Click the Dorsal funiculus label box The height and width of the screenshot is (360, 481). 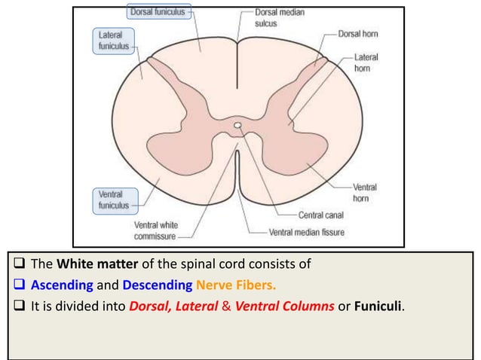159,13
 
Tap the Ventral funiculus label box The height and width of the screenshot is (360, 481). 114,199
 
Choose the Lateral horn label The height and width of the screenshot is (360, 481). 366,63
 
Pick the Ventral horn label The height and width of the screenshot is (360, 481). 366,192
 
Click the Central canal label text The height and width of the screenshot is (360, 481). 323,215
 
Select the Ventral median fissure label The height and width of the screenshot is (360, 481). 306,232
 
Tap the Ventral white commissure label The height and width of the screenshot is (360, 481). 155,230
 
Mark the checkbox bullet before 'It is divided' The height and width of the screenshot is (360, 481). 18,307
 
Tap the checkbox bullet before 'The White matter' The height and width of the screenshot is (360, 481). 18,264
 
